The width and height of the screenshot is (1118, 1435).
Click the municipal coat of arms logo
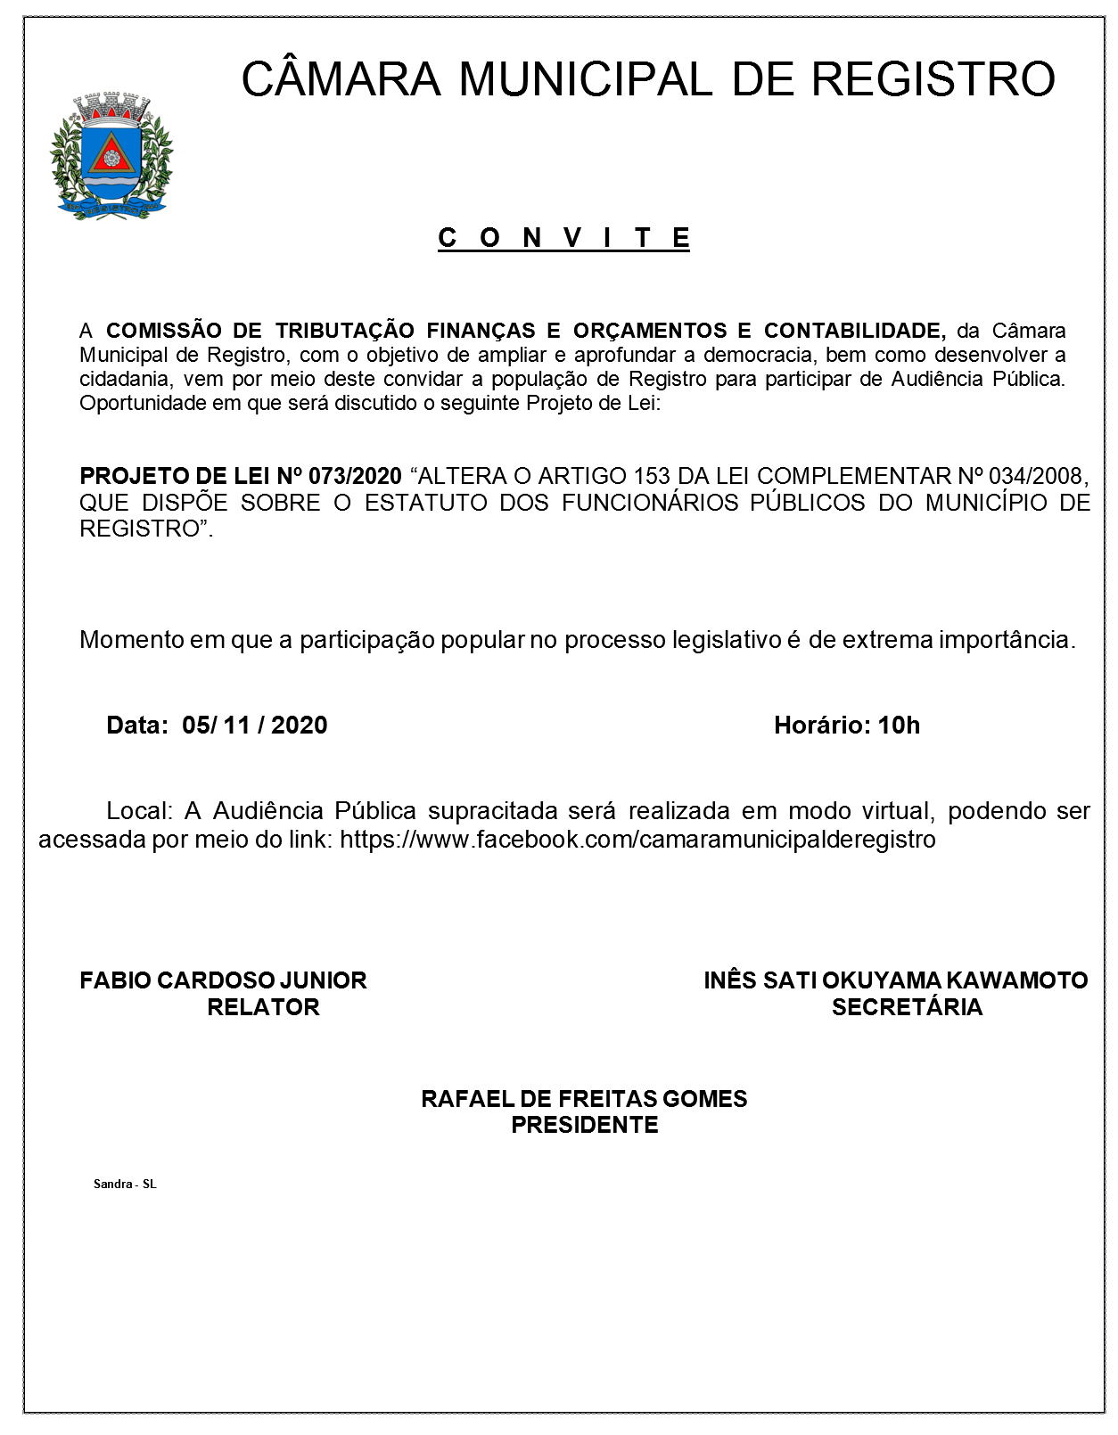coord(111,157)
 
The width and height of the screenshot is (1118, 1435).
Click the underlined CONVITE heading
coord(563,238)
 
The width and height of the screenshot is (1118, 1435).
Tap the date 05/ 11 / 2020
coord(255,725)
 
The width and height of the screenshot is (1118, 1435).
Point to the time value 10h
coord(899,725)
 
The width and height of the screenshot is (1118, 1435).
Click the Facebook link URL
coord(637,839)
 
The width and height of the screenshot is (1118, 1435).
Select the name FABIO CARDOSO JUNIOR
coord(223,980)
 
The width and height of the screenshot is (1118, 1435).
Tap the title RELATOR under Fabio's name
coord(263,1007)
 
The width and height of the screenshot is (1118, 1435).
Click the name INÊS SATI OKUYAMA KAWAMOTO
coord(895,980)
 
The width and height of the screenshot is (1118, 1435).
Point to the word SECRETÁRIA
coord(907,1007)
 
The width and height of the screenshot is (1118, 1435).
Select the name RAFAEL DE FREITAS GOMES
coord(584,1098)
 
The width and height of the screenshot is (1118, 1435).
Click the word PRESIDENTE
coord(584,1125)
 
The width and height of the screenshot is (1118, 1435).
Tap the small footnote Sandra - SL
coord(125,1184)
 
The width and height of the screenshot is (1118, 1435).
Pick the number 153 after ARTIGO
coord(652,476)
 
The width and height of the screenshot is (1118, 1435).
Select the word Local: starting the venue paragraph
coord(138,811)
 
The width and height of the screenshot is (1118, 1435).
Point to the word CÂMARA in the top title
coord(341,79)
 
